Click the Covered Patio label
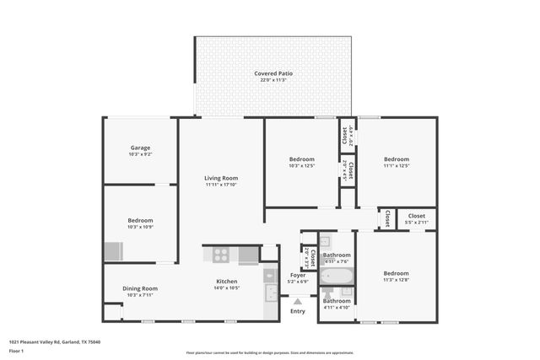pos(273,73)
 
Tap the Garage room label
pos(140,148)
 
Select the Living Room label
pos(221,178)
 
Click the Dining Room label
pos(140,288)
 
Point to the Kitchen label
pos(226,282)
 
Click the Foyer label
pos(297,275)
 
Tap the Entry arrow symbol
pos(297,301)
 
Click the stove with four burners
pos(220,253)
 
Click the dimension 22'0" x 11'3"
pos(273,81)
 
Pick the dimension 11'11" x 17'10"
pos(221,185)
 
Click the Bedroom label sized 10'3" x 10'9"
pos(140,220)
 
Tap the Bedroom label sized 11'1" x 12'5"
pos(396,159)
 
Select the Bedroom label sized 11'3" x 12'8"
pos(396,273)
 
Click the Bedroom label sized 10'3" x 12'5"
pos(301,159)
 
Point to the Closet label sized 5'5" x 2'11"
pos(417,216)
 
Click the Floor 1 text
pos(17,350)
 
